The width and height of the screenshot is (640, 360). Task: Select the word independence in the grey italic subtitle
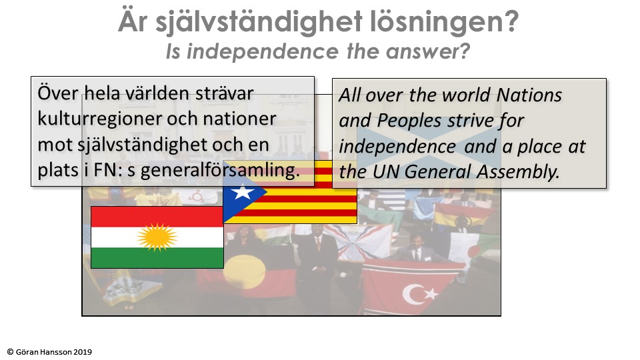point(263,52)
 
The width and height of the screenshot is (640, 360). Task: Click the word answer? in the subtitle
point(428,52)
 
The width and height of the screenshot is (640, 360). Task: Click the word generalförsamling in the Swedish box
point(220,170)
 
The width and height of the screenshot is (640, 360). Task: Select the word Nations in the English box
point(529,95)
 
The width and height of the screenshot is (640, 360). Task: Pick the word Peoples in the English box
point(409,121)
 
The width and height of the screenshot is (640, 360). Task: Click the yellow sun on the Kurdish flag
point(157,237)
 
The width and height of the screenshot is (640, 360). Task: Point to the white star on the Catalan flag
point(243,191)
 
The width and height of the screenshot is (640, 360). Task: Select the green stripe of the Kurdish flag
point(157,257)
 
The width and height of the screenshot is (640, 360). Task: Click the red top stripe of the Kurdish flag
point(157,217)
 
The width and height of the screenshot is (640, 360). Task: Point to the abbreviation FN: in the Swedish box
point(108,170)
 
